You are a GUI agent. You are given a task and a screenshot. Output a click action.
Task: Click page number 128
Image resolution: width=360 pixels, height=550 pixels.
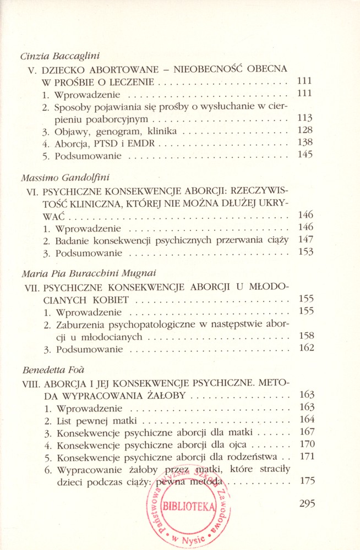304,130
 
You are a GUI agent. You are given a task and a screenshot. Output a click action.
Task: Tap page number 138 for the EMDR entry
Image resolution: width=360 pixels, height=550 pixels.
304,142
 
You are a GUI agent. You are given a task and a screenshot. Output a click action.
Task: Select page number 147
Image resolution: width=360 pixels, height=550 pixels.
305,239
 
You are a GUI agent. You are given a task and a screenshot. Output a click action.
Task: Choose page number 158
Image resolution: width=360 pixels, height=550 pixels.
306,335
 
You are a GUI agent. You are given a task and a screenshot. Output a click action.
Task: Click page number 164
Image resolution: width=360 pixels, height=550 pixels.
306,420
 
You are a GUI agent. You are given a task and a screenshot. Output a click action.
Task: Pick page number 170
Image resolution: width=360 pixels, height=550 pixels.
306,444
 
